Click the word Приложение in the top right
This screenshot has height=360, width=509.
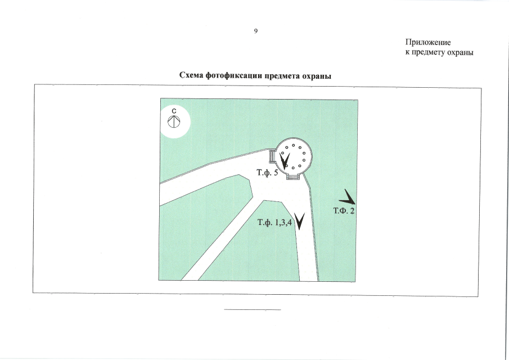pyautogui.click(x=428, y=43)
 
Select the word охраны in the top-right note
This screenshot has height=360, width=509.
pyautogui.click(x=459, y=52)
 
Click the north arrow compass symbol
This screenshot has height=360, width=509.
pyautogui.click(x=174, y=120)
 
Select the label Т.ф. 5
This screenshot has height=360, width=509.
pyautogui.click(x=267, y=173)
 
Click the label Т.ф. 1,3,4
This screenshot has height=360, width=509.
pyautogui.click(x=274, y=223)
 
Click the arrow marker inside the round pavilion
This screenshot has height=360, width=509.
pyautogui.click(x=285, y=161)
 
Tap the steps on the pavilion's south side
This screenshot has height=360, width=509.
pyautogui.click(x=292, y=177)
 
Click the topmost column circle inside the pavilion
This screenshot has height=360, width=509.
pyautogui.click(x=294, y=146)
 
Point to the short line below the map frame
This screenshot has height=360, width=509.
pyautogui.click(x=252, y=310)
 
